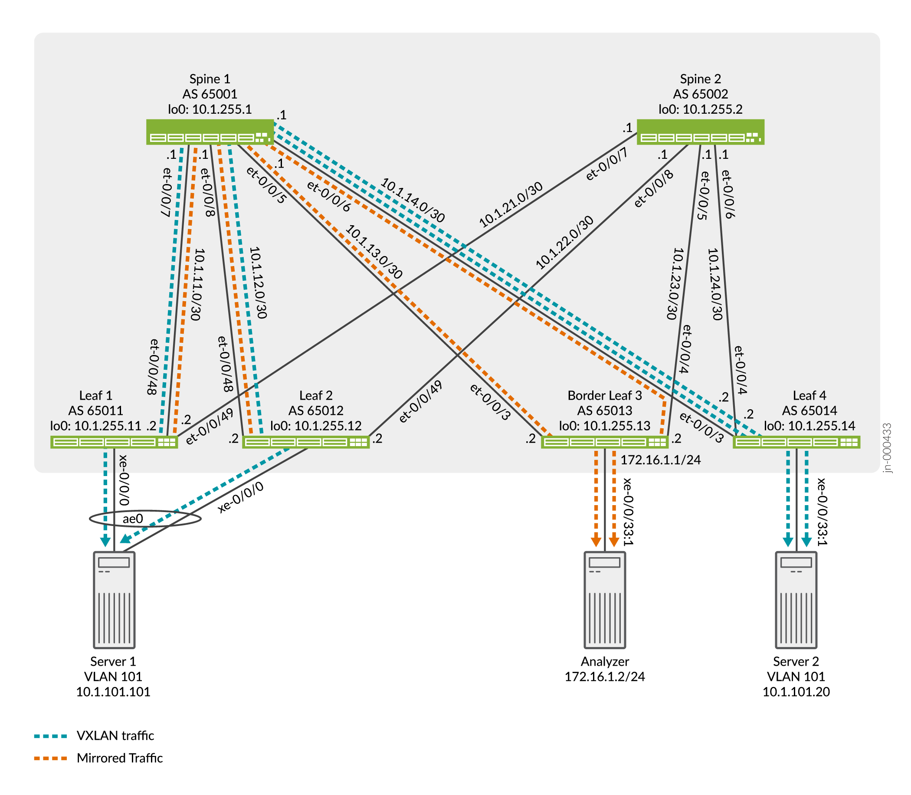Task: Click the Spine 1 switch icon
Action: click(x=210, y=132)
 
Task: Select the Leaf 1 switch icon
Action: click(x=114, y=442)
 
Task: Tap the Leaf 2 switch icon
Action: click(x=306, y=442)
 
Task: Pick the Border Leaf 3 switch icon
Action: click(x=605, y=442)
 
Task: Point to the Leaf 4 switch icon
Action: click(x=796, y=442)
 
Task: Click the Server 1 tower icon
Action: click(x=114, y=600)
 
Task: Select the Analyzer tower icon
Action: click(x=605, y=600)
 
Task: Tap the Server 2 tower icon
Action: click(x=796, y=600)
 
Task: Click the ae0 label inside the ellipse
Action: click(x=133, y=519)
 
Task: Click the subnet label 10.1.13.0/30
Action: click(x=374, y=252)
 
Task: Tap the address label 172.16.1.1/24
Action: click(x=660, y=460)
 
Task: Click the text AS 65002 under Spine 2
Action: click(x=701, y=94)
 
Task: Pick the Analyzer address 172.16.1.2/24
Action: click(x=605, y=677)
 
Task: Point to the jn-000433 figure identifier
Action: click(x=888, y=448)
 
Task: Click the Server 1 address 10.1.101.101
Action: click(x=113, y=692)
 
